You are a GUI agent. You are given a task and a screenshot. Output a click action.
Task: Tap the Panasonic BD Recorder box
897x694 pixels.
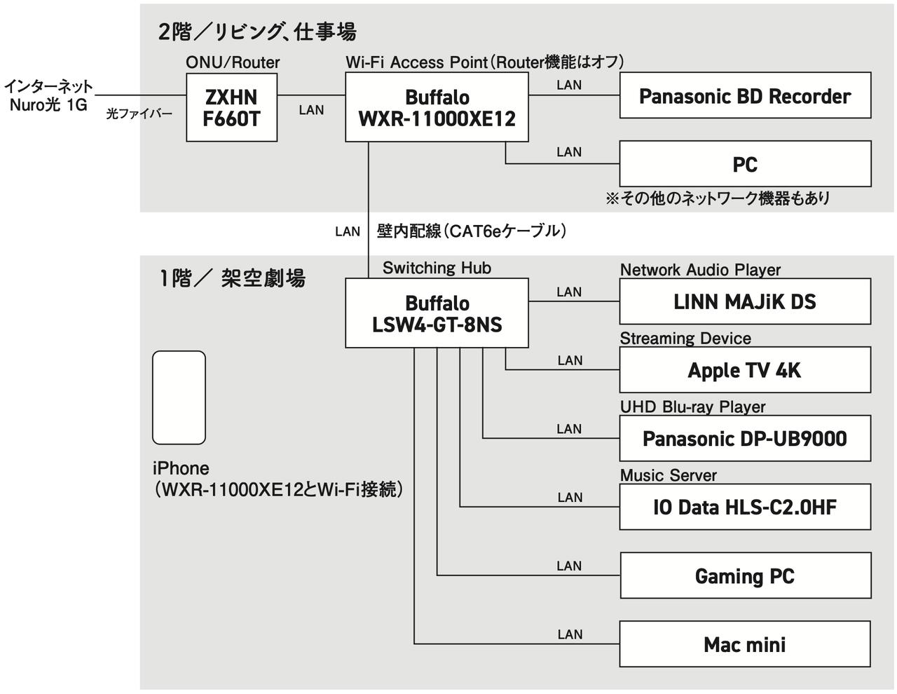click(745, 95)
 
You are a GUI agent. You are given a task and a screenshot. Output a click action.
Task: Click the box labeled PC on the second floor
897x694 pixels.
click(745, 164)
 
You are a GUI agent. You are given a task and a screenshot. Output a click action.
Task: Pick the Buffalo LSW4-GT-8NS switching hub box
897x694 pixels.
click(437, 313)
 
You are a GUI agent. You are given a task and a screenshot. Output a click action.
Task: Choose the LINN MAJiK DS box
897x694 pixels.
click(745, 301)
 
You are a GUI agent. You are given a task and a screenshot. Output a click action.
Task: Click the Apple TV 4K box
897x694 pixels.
click(745, 369)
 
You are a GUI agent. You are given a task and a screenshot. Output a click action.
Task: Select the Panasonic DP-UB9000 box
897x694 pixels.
click(745, 438)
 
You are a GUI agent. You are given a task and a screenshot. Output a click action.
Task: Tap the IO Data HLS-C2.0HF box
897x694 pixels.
click(745, 506)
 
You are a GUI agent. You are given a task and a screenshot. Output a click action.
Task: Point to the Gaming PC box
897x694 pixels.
click(745, 576)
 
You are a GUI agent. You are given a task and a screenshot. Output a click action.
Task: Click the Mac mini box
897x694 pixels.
click(745, 644)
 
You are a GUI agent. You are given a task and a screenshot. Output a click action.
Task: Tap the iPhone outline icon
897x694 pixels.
click(179, 397)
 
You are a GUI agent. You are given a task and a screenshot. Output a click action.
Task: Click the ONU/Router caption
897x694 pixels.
click(233, 62)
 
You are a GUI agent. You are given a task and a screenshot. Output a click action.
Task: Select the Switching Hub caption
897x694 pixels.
click(437, 268)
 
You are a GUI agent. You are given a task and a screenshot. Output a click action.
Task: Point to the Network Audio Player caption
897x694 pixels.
click(700, 270)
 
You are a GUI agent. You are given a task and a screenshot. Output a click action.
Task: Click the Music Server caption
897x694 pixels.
click(668, 475)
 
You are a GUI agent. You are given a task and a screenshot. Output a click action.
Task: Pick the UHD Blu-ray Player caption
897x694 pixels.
click(692, 407)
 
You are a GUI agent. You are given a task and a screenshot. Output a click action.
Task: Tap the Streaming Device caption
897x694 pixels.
click(685, 339)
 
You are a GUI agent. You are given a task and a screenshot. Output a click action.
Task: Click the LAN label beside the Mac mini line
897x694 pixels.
click(570, 634)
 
